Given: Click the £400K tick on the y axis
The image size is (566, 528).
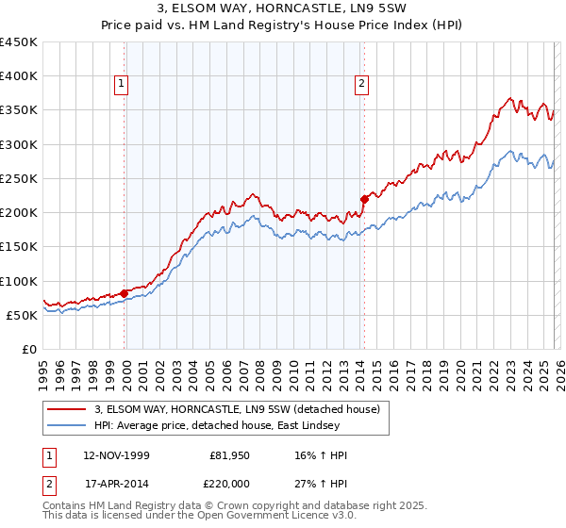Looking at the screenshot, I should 19,76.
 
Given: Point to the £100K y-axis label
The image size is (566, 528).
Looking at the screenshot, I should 19,281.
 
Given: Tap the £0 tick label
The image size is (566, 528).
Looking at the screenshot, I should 29,349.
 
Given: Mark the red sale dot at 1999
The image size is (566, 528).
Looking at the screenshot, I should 125,293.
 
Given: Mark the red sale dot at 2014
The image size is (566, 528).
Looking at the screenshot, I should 364,199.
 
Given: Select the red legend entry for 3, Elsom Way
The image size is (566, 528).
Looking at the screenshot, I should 237,409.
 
